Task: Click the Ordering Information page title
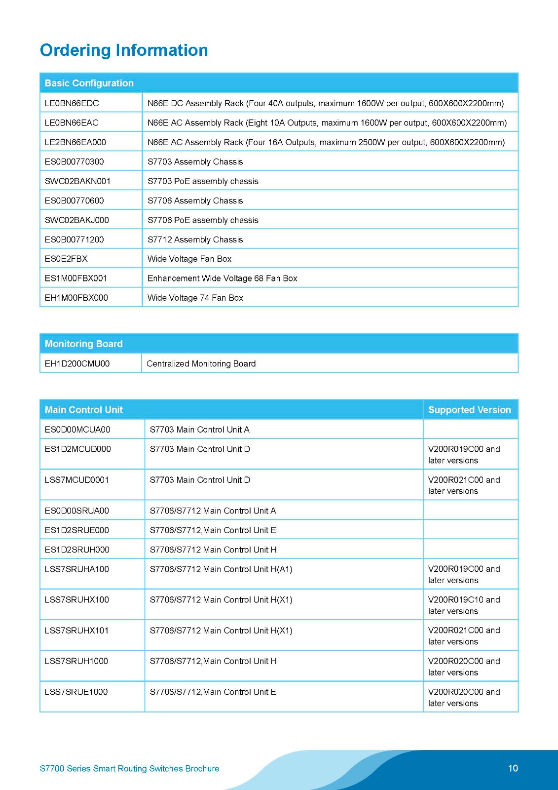tap(124, 50)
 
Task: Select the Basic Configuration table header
tap(89, 83)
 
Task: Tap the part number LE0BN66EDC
tap(72, 103)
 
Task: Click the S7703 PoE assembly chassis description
tap(203, 181)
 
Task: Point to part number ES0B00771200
tap(74, 239)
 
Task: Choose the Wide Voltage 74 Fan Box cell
tap(195, 298)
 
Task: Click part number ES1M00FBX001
tap(75, 278)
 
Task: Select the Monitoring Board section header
tap(84, 344)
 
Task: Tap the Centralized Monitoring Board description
tap(201, 364)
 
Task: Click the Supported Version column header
tap(469, 410)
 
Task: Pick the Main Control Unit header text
tap(84, 410)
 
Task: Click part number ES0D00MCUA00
tap(77, 430)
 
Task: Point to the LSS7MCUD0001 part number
tap(76, 480)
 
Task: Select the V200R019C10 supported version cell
tap(464, 605)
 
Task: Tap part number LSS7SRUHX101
tap(76, 631)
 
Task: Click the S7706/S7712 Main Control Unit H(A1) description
tap(221, 569)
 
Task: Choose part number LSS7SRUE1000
tap(76, 692)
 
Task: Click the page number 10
tap(513, 768)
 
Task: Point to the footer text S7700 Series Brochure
tap(129, 769)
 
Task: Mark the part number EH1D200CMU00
tap(77, 364)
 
